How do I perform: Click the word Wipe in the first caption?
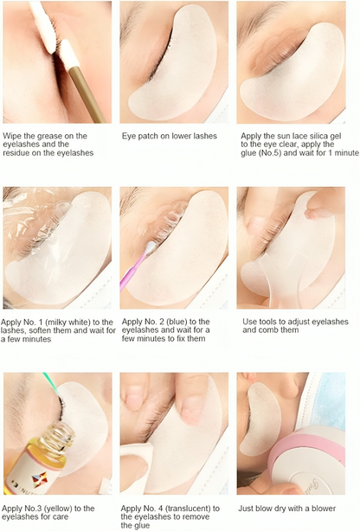[x=13, y=136]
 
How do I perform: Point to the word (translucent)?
[x=196, y=509]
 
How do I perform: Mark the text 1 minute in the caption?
[x=337, y=153]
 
